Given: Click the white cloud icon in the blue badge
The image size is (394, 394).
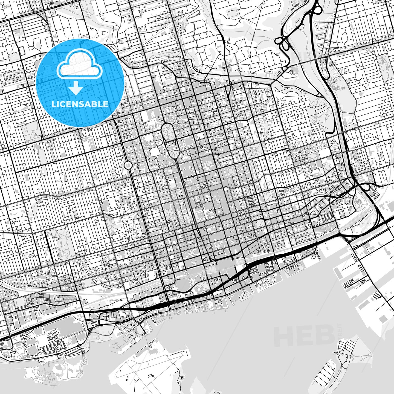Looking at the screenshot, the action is click(x=79, y=65).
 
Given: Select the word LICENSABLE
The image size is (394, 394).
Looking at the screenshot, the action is click(x=80, y=104).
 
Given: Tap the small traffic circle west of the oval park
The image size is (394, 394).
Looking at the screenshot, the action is click(x=128, y=165).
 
